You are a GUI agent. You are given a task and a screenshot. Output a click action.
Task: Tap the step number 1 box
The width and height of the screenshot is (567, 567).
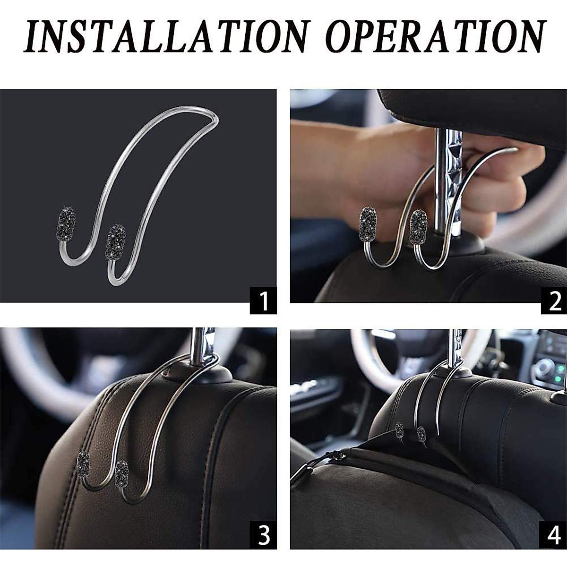pos(263,301)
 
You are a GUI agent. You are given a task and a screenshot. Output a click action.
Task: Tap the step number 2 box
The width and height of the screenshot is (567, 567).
pos(553,301)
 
